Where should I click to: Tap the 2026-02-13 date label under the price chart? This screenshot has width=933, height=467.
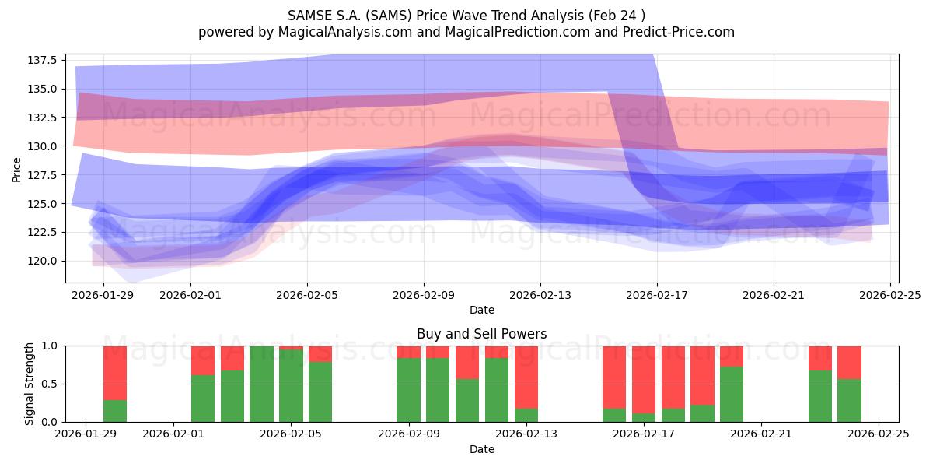pyautogui.click(x=540, y=295)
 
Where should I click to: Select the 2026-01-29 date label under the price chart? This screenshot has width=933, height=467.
pyautogui.click(x=103, y=295)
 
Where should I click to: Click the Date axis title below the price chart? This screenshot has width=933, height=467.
pyautogui.click(x=482, y=310)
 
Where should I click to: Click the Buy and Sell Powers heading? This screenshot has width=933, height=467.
pyautogui.click(x=482, y=334)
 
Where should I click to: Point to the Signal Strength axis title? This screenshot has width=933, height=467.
pyautogui.click(x=30, y=384)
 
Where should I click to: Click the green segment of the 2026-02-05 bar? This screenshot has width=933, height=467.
pyautogui.click(x=291, y=386)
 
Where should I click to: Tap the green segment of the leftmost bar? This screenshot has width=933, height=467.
pyautogui.click(x=115, y=411)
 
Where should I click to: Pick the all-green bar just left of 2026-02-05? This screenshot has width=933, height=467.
pyautogui.click(x=261, y=384)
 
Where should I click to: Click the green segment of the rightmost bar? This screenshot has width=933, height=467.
pyautogui.click(x=849, y=400)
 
